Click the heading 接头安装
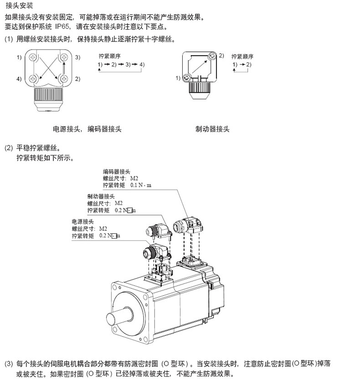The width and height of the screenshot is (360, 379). click(x=19, y=5)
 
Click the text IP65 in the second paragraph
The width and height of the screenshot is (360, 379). click(x=62, y=26)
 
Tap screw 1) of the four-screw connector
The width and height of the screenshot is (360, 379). click(x=32, y=57)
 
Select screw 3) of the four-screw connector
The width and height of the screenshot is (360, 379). click(x=64, y=57)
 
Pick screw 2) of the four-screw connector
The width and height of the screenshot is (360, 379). click(x=64, y=78)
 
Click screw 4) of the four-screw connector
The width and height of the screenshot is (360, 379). click(x=32, y=78)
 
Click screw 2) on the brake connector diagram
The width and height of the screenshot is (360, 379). click(x=212, y=56)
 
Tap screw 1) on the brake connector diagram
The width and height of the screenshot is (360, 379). click(x=186, y=78)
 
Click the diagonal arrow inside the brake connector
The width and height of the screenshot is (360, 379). click(x=200, y=67)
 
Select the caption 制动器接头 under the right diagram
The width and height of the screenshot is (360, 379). click(x=212, y=129)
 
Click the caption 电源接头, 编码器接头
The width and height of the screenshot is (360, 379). click(x=87, y=129)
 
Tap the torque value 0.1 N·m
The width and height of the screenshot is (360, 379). click(x=141, y=185)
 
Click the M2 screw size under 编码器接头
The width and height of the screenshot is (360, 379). click(x=134, y=179)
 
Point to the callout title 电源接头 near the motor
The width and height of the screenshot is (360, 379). click(x=82, y=222)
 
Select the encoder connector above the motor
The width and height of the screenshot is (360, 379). click(x=188, y=225)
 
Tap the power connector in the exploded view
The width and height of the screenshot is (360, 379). click(x=156, y=252)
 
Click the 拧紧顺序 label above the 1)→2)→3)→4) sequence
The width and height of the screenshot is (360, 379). click(x=109, y=56)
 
